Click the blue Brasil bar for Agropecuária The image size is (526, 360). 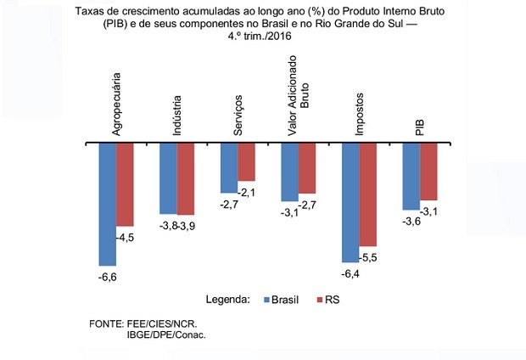[108, 204]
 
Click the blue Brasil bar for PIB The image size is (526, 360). [411, 175]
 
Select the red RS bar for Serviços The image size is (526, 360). [247, 162]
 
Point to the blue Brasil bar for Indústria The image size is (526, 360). [168, 177]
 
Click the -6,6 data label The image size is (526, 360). [108, 276]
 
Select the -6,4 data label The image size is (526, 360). [350, 273]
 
